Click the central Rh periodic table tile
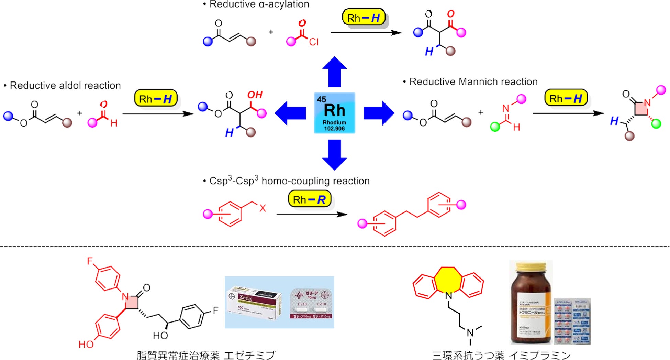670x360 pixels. point(334,112)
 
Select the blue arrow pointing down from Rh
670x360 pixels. point(334,155)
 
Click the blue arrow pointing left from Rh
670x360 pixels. point(290,113)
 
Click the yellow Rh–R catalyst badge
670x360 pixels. point(309,199)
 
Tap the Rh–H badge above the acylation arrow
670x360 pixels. point(364,18)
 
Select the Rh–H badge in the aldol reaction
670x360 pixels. point(156,99)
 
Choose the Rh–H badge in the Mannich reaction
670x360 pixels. point(566,98)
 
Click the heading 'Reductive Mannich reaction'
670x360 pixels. point(473,81)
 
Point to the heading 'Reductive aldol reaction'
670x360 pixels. point(65,85)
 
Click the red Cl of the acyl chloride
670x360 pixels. point(313,42)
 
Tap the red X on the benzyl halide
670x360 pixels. point(263,208)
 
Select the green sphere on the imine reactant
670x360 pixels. point(495,127)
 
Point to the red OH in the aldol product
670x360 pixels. point(255,95)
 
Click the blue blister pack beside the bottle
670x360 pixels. point(572,321)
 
